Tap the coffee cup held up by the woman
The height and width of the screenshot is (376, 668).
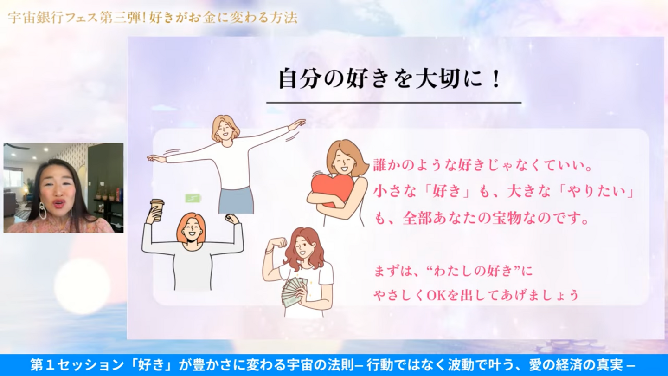pyautogui.click(x=157, y=209)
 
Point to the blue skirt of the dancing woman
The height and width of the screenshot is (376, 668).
pyautogui.click(x=236, y=201)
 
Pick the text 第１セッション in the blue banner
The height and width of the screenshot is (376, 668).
pyautogui.click(x=77, y=365)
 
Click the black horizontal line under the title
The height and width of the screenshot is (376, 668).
pyautogui.click(x=394, y=103)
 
